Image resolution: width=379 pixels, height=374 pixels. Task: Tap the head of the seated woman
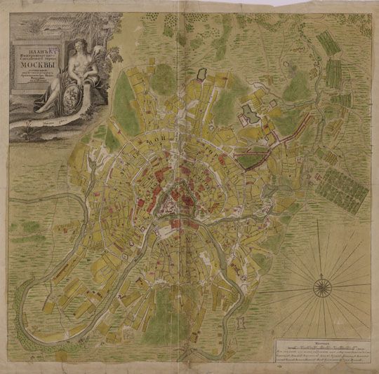[x=79, y=44]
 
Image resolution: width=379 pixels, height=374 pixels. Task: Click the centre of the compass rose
[x=322, y=284]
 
